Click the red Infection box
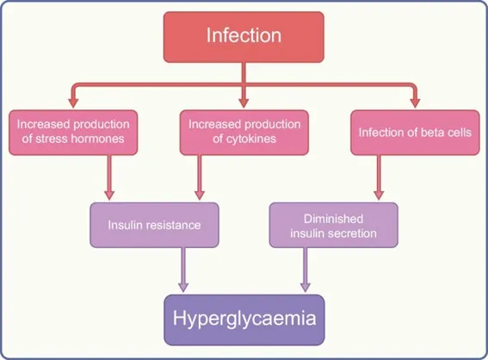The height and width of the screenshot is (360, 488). [x=244, y=37]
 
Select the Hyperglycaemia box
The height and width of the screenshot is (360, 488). [x=244, y=320]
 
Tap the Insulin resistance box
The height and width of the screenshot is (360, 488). [x=154, y=225]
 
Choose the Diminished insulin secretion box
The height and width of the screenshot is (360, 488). [x=333, y=225]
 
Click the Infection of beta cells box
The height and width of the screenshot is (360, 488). [x=415, y=133]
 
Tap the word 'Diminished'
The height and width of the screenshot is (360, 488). [x=333, y=219]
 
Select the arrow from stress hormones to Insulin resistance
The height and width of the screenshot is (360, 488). [x=109, y=177]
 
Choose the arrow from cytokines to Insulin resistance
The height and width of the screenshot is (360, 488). [x=200, y=177]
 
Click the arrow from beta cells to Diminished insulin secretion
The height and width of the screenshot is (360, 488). [x=379, y=177]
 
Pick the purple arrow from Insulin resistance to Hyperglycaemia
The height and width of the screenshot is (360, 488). [x=183, y=270]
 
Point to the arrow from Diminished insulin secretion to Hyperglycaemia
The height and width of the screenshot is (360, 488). [x=306, y=270]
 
